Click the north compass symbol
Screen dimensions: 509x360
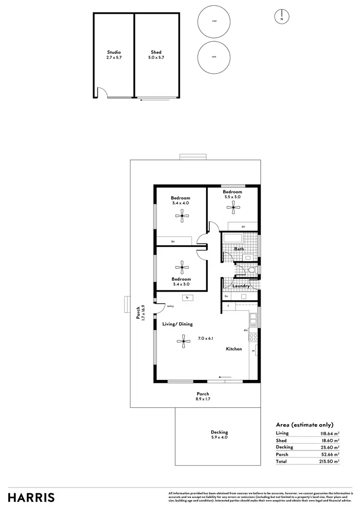coord(282,17)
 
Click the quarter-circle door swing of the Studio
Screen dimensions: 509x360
coord(102,92)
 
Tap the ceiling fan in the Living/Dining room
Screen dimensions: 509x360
coord(181,342)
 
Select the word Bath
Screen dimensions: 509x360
coord(239,249)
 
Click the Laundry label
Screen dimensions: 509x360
coord(240,286)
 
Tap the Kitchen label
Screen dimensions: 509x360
coord(234,349)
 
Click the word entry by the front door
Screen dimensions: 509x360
coord(170,306)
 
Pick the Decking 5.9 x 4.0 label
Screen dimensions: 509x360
coord(219,435)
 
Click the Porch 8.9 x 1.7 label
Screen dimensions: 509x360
coord(203,396)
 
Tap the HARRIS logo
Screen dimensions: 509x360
coord(31,497)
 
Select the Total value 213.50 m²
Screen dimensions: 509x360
coord(330,461)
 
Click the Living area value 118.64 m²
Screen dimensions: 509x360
coord(330,433)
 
